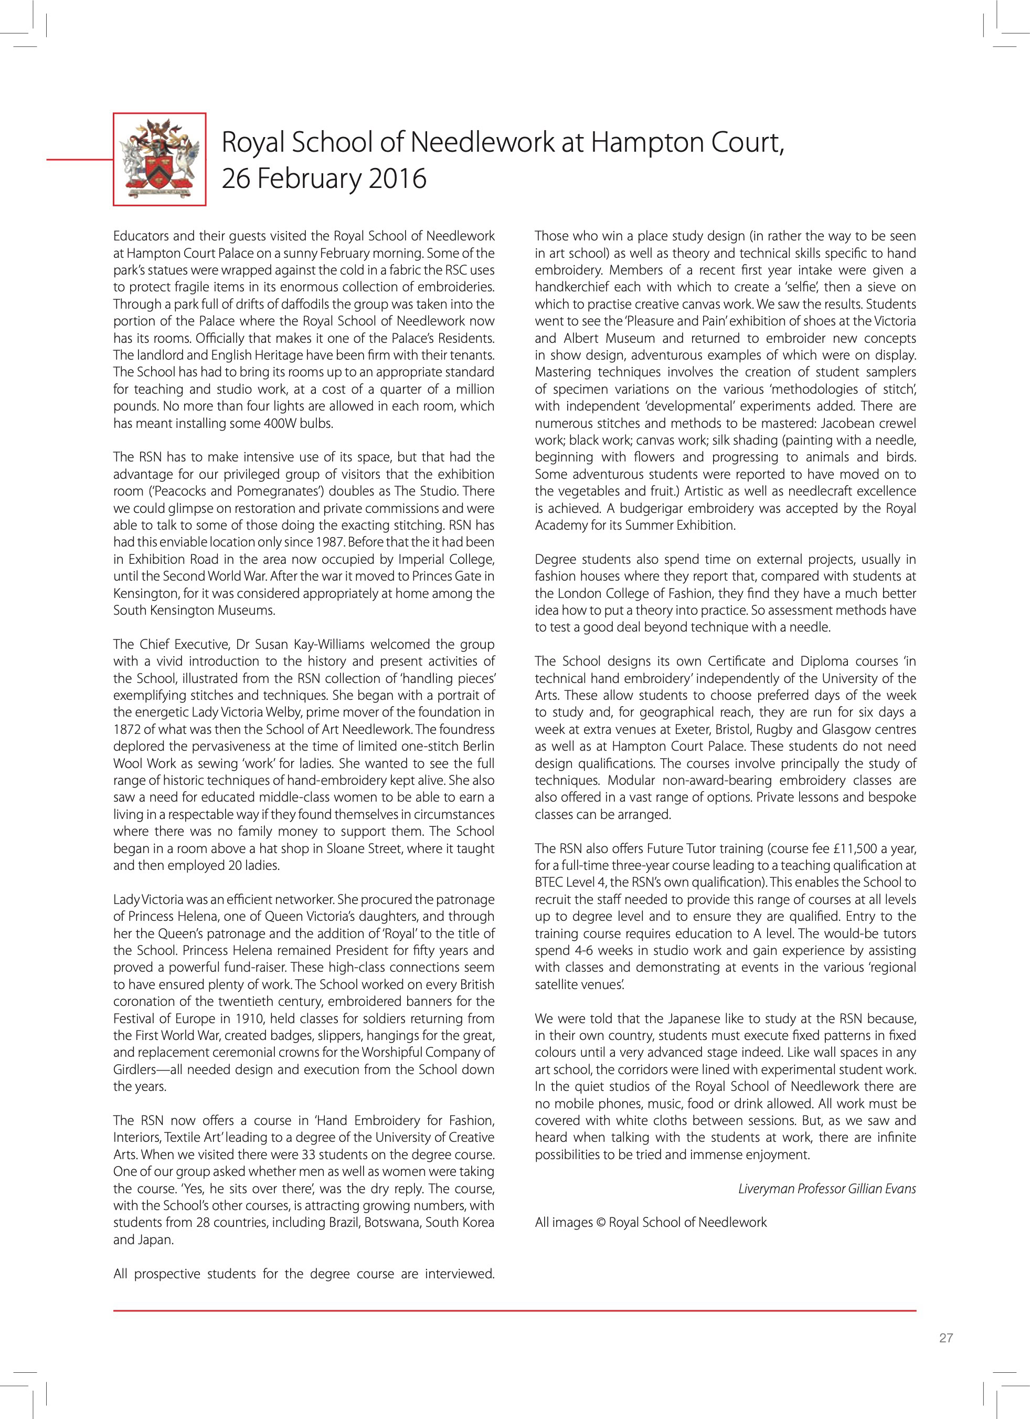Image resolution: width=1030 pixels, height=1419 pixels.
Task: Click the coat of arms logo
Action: point(160,159)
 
